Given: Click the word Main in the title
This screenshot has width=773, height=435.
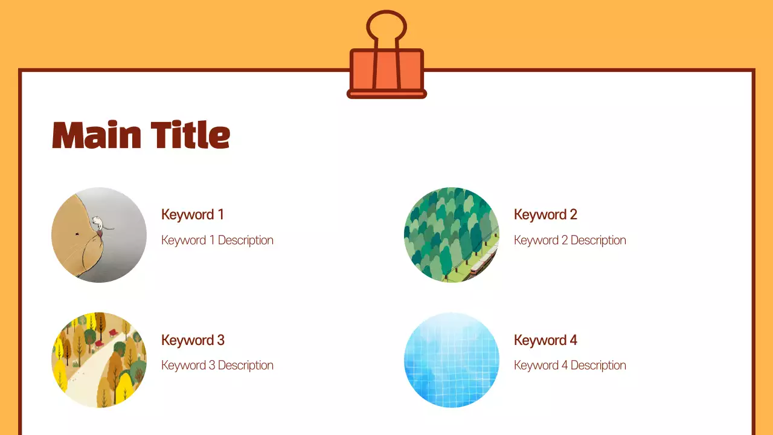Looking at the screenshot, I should (97, 135).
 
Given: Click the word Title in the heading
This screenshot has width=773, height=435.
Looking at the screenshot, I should (190, 135).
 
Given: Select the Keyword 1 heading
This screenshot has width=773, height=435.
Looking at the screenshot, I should (193, 214).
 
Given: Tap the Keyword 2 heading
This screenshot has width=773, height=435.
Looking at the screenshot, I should (545, 214).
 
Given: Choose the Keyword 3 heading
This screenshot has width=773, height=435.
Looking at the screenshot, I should (193, 340).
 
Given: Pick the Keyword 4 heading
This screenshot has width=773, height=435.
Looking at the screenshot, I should (545, 340).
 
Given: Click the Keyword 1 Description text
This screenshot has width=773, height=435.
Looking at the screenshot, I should (217, 240).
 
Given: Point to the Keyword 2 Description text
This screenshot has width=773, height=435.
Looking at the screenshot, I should (570, 240).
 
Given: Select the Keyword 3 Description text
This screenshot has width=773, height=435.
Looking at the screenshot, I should (217, 366).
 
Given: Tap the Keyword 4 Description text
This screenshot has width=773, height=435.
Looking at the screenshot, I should (570, 366).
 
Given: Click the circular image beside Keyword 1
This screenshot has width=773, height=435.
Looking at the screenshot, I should (99, 235).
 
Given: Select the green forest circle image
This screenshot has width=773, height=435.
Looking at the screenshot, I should (452, 235).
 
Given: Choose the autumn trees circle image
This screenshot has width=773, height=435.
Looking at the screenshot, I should (99, 360).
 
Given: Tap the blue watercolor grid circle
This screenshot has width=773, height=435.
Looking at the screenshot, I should (452, 360).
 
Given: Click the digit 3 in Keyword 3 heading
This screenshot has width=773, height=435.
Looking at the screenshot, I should (220, 340).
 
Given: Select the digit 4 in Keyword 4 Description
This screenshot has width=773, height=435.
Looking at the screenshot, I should (563, 366).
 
